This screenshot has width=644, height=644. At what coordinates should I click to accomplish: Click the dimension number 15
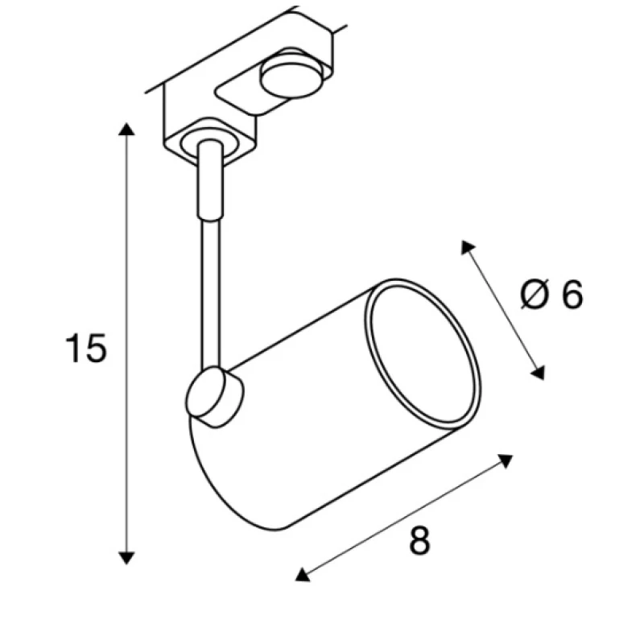click(x=86, y=349)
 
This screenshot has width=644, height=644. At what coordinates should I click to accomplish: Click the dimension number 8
click(x=419, y=540)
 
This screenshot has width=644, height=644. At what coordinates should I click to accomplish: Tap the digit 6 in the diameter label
click(x=572, y=294)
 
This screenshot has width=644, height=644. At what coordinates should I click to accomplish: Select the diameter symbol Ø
click(x=535, y=294)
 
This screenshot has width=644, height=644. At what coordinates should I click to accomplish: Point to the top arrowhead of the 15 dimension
click(x=126, y=129)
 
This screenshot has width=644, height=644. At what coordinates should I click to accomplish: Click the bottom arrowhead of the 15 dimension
click(x=126, y=558)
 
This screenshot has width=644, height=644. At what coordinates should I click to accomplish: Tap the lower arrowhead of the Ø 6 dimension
click(x=539, y=373)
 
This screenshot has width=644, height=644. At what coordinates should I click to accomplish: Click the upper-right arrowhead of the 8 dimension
click(x=506, y=460)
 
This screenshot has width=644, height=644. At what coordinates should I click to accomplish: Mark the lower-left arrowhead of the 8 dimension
click(x=302, y=575)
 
